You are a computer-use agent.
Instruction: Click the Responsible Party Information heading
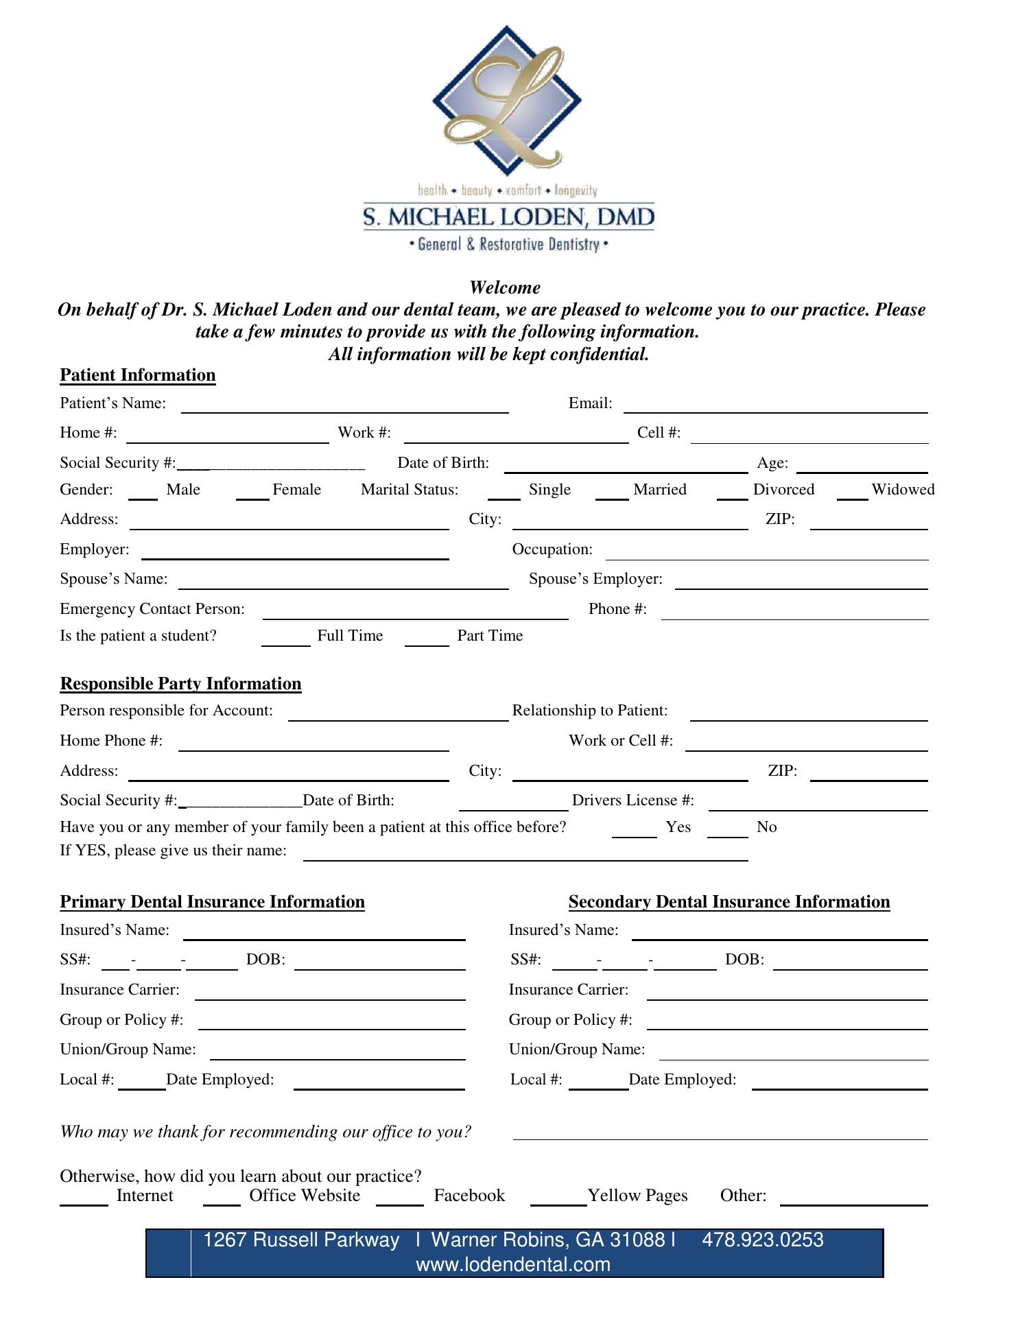[x=180, y=684]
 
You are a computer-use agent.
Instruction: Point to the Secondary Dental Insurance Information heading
[x=729, y=902]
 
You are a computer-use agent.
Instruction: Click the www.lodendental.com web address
[x=513, y=1264]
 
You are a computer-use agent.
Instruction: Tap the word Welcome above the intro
[x=505, y=287]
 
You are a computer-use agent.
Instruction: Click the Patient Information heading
[x=138, y=375]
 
